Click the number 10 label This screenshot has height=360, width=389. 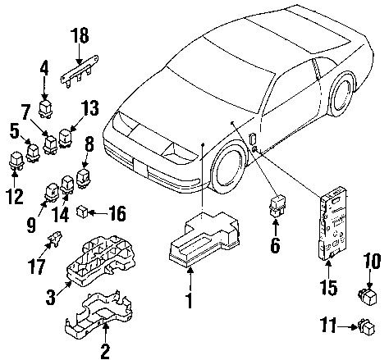pos(371,285)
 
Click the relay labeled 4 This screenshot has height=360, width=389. pos(48,104)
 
